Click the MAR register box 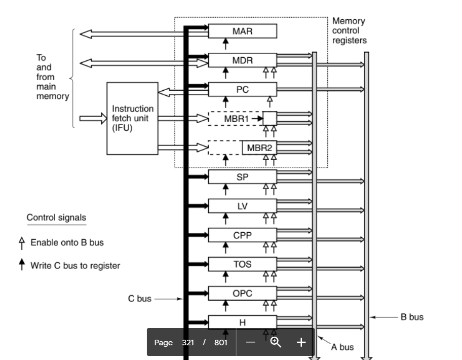click(243, 31)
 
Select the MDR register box click(243, 60)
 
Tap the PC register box click(243, 90)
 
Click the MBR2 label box click(259, 148)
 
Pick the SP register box click(243, 177)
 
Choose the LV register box click(243, 206)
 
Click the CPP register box click(243, 235)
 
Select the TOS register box click(243, 264)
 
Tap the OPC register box click(243, 293)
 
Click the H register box click(243, 322)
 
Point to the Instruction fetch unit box click(132, 118)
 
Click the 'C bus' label click(139, 299)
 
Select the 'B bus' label click(412, 317)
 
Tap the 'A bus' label click(342, 347)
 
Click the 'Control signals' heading click(56, 218)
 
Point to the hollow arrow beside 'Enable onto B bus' click(21, 243)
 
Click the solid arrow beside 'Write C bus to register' click(21, 265)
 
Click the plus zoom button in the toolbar click(301, 342)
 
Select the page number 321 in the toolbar click(188, 342)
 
